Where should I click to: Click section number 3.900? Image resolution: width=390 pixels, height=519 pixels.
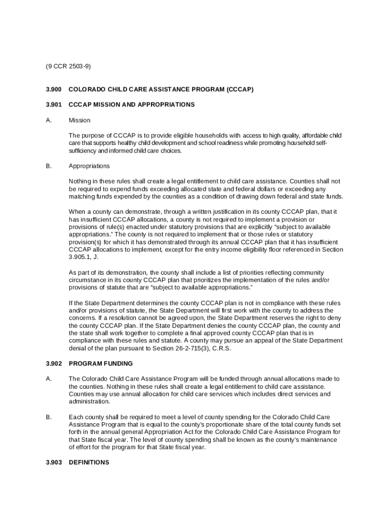pos(53,89)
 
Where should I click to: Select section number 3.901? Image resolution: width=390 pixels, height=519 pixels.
pos(53,104)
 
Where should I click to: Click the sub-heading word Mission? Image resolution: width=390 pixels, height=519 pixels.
pos(80,120)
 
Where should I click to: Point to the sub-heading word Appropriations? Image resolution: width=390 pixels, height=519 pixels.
pos(89,166)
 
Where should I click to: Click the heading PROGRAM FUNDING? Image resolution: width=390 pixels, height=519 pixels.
pos(101,363)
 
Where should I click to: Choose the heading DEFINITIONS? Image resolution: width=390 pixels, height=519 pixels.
pos(89,462)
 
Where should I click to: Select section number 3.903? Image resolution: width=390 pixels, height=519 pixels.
pos(53,462)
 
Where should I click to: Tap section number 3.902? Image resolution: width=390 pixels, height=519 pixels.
pos(53,363)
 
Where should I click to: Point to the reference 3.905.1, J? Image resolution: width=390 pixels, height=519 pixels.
pos(84,257)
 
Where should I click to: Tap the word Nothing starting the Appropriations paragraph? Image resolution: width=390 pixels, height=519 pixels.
pos(81,181)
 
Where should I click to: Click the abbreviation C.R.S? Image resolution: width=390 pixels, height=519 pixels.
pos(222,348)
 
